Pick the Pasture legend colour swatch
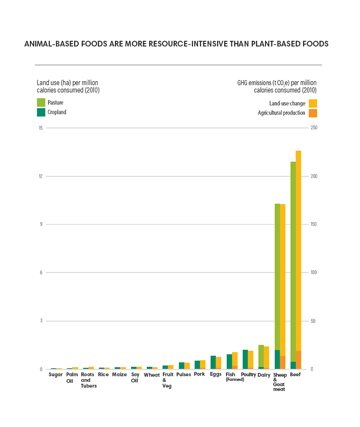[41, 102]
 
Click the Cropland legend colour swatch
[41, 112]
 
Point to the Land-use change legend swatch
[313, 103]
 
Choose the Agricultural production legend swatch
[313, 113]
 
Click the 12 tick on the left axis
[40, 176]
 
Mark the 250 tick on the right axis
[313, 128]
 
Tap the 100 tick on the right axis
[313, 273]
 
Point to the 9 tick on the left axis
[41, 224]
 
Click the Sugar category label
[56, 375]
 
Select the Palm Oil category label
[70, 378]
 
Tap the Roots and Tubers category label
[88, 380]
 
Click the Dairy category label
[264, 375]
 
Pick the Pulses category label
[184, 375]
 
